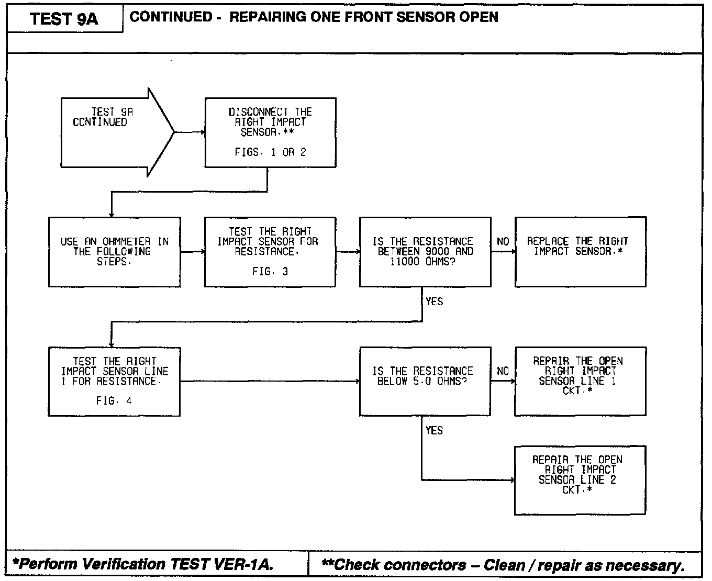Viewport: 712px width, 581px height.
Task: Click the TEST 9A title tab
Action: (64, 19)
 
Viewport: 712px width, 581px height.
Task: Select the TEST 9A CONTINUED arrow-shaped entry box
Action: (110, 131)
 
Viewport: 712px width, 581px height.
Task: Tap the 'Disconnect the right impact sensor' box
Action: (270, 132)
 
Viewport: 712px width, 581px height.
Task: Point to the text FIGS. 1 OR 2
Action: (270, 152)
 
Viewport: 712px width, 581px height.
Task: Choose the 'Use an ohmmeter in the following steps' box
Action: (114, 252)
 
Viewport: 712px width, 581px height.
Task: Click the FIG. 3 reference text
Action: (270, 272)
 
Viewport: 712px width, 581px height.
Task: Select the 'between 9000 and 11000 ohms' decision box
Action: (425, 252)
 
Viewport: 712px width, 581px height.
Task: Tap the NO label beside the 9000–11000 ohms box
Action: (503, 241)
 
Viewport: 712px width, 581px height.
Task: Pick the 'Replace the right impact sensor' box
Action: (580, 252)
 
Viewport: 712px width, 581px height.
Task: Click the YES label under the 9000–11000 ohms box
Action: (434, 301)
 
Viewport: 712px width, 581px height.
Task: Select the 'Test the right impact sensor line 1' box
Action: (114, 382)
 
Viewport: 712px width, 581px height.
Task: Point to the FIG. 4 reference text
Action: (114, 401)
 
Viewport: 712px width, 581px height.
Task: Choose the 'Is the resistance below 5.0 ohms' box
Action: (425, 382)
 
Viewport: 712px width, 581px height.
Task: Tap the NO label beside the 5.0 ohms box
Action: (503, 371)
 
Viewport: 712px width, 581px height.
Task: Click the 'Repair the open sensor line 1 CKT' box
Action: (580, 382)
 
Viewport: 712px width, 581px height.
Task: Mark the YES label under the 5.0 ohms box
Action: (434, 430)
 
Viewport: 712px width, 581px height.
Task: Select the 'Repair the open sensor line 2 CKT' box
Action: (580, 480)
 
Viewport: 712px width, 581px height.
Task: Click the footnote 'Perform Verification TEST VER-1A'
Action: (142, 564)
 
